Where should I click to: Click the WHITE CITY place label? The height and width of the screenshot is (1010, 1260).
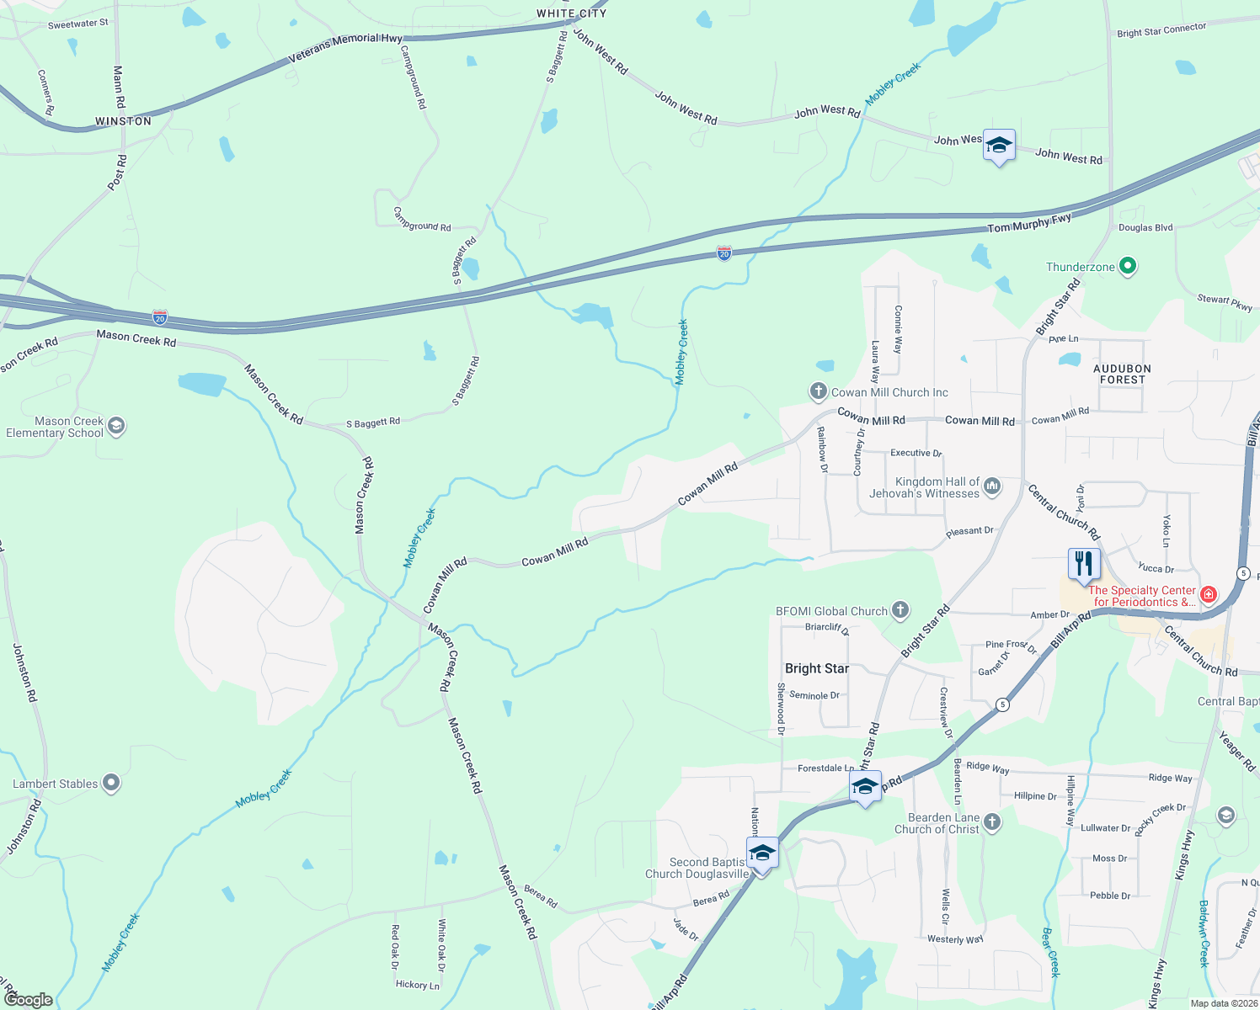point(571,13)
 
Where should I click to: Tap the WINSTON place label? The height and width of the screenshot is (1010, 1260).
point(123,121)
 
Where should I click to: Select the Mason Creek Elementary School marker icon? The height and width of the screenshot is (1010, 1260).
point(116,426)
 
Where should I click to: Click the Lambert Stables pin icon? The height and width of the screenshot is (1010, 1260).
point(111,784)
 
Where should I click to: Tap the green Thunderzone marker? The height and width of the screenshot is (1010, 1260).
point(1128,267)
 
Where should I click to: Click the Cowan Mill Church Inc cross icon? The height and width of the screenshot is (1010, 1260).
point(818,391)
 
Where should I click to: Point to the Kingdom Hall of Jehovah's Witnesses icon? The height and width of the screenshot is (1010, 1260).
point(992,486)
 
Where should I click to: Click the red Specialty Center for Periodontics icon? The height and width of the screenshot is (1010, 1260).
point(1209,595)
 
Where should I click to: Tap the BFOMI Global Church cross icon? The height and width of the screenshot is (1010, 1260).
point(900,610)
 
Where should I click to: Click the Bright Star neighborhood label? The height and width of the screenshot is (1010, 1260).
point(817,668)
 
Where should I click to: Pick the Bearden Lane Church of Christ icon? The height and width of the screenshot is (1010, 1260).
point(992,822)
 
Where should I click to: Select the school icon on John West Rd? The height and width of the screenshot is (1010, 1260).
point(999,146)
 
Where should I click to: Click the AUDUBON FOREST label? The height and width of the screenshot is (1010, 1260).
point(1122,375)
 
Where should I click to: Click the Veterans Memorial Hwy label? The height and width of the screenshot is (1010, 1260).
point(345,49)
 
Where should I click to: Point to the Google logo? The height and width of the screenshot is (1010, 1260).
point(28,999)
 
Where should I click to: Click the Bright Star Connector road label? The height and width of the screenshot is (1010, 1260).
point(1161,30)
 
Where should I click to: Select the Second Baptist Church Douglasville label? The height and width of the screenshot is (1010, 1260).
point(697,868)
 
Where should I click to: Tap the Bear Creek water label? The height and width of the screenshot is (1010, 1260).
point(1049,952)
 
